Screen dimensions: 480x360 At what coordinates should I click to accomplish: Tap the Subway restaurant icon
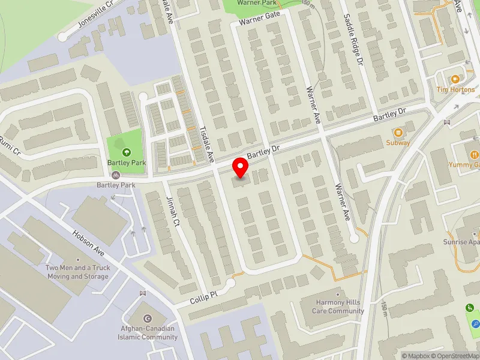click(x=398, y=132)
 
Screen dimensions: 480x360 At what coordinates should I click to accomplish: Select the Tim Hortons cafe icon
click(x=455, y=79)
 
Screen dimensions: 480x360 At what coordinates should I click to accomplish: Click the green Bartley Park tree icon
click(x=126, y=152)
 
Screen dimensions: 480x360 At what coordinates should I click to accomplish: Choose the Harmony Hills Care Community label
click(x=340, y=307)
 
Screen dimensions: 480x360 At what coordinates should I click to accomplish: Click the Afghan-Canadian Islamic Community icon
click(x=149, y=319)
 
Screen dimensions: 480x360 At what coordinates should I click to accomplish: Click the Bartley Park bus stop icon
click(x=116, y=175)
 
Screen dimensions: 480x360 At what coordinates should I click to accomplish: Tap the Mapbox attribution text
click(x=416, y=356)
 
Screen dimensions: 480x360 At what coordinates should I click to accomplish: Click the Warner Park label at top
click(x=257, y=3)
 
